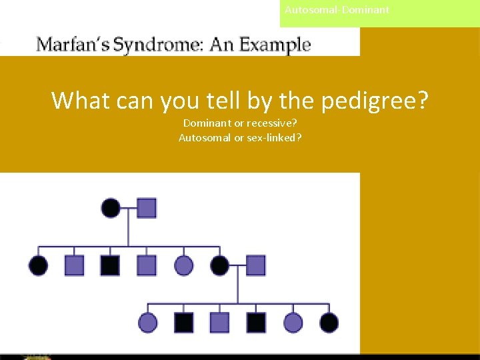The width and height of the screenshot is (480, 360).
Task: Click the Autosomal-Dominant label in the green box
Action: point(337,10)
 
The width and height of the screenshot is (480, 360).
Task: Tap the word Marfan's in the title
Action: point(73,45)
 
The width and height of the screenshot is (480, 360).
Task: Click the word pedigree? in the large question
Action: point(375,101)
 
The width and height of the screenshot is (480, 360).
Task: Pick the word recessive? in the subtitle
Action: point(272,123)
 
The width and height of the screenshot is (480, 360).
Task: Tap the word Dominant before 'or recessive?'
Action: point(207,123)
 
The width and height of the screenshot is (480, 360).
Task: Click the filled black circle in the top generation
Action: point(111,208)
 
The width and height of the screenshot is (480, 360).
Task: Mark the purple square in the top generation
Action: point(147,208)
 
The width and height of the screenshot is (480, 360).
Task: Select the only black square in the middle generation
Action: point(110,266)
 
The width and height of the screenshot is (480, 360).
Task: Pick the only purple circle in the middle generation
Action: point(183,266)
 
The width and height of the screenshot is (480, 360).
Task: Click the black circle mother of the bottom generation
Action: point(219,266)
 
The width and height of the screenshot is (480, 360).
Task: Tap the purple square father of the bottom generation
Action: point(255,266)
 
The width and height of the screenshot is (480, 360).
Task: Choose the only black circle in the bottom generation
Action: point(329,323)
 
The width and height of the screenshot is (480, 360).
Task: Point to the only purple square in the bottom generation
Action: point(219,323)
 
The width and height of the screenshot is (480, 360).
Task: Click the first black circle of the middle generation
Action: point(39,266)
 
